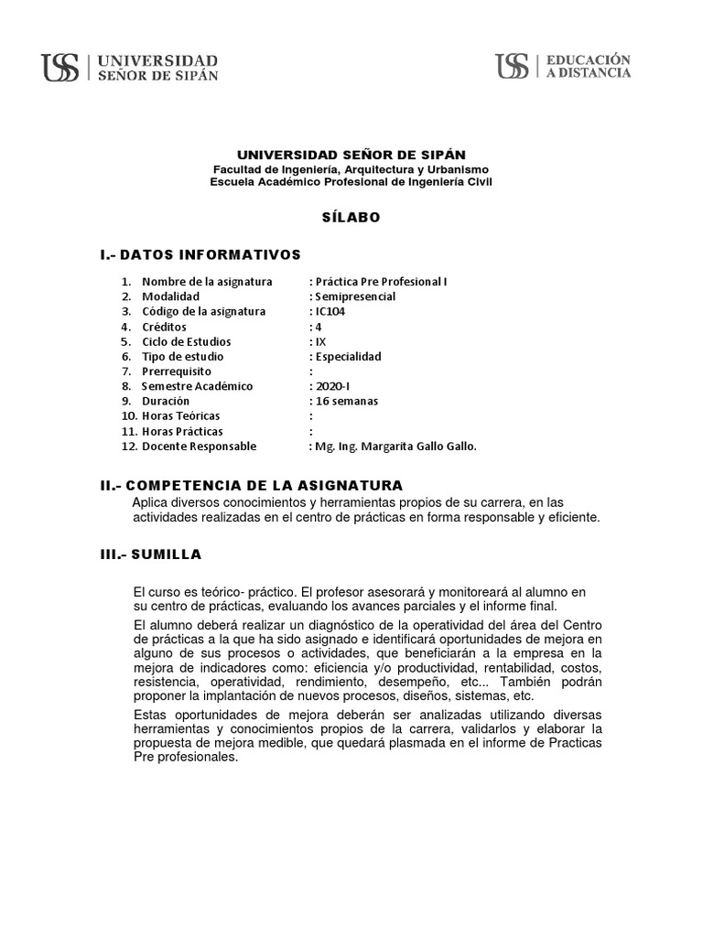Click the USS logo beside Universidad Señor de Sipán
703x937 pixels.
tap(60, 68)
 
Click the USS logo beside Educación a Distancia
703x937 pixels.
tap(513, 67)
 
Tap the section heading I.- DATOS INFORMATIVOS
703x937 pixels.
tap(200, 253)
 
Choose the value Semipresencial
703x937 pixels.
tap(356, 296)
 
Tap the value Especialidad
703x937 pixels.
tap(349, 356)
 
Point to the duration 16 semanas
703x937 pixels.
tap(346, 401)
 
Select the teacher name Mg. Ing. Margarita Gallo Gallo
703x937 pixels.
tap(396, 446)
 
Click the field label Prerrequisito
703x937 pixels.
tap(177, 372)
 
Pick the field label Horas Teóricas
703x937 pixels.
tap(181, 416)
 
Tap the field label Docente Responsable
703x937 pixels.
tap(199, 446)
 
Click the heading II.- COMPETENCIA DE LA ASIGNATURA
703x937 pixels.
tap(252, 484)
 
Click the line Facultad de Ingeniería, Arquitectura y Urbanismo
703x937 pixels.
tap(351, 169)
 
